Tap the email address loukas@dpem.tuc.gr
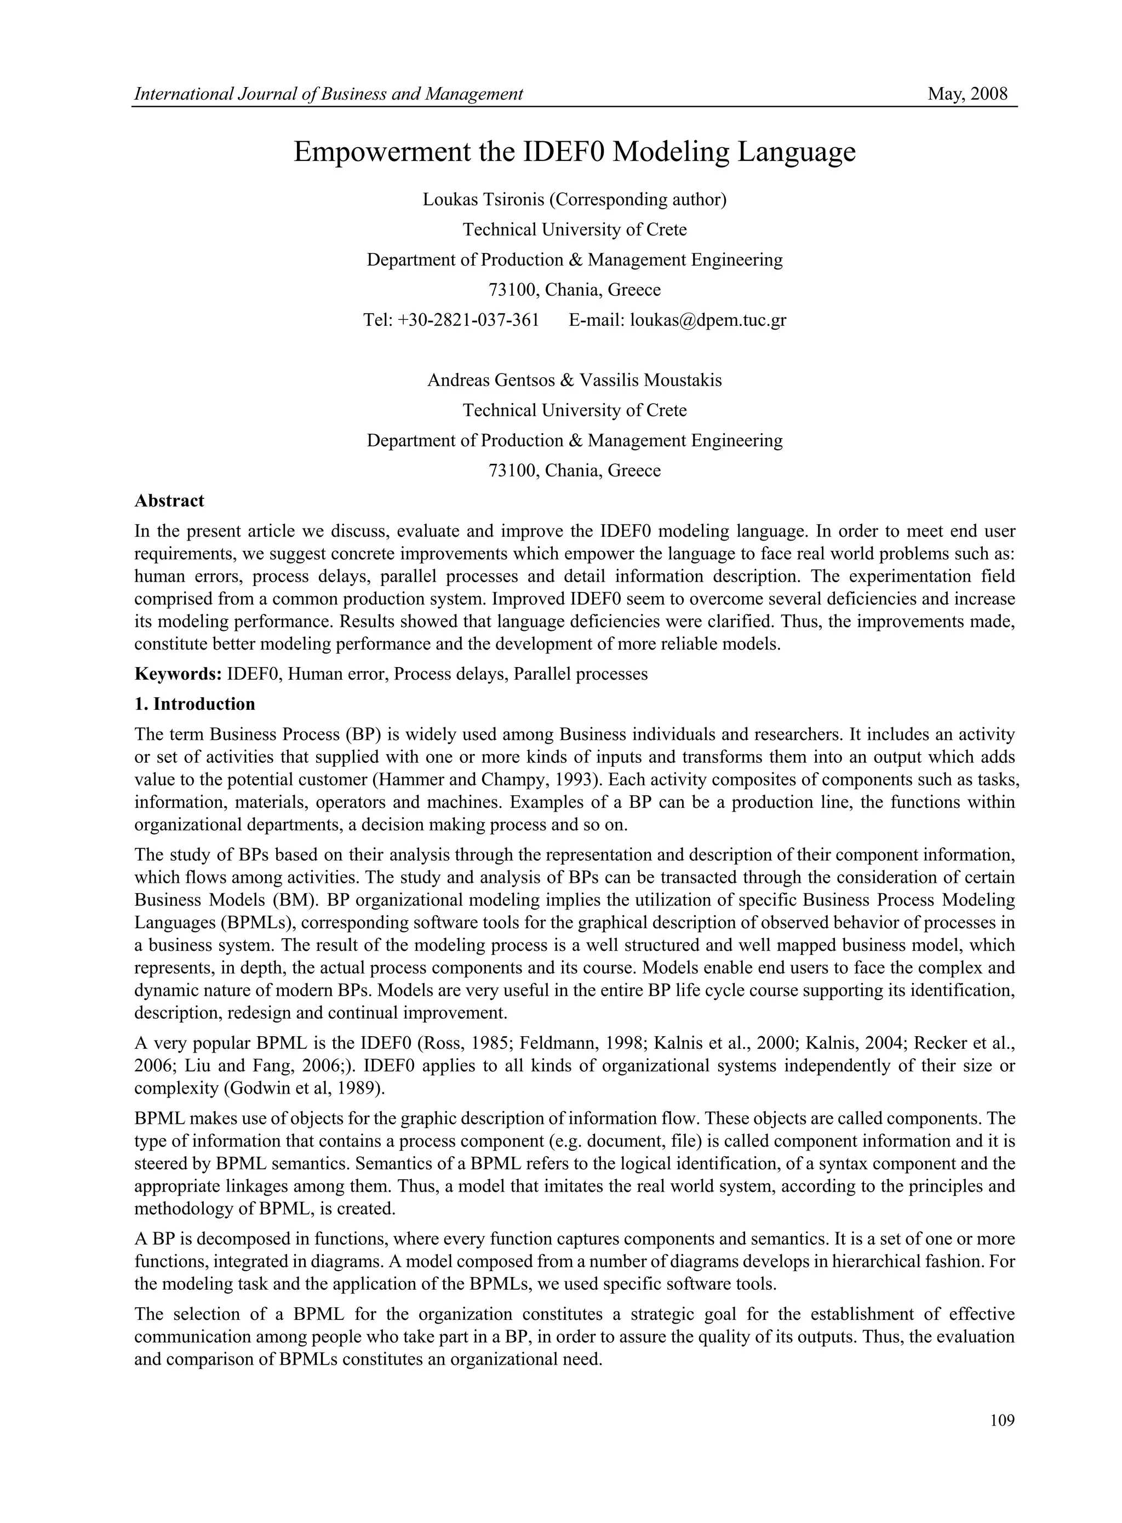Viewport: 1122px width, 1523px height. (708, 320)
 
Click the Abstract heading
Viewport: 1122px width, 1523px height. (169, 501)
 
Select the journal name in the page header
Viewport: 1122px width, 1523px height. (329, 94)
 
